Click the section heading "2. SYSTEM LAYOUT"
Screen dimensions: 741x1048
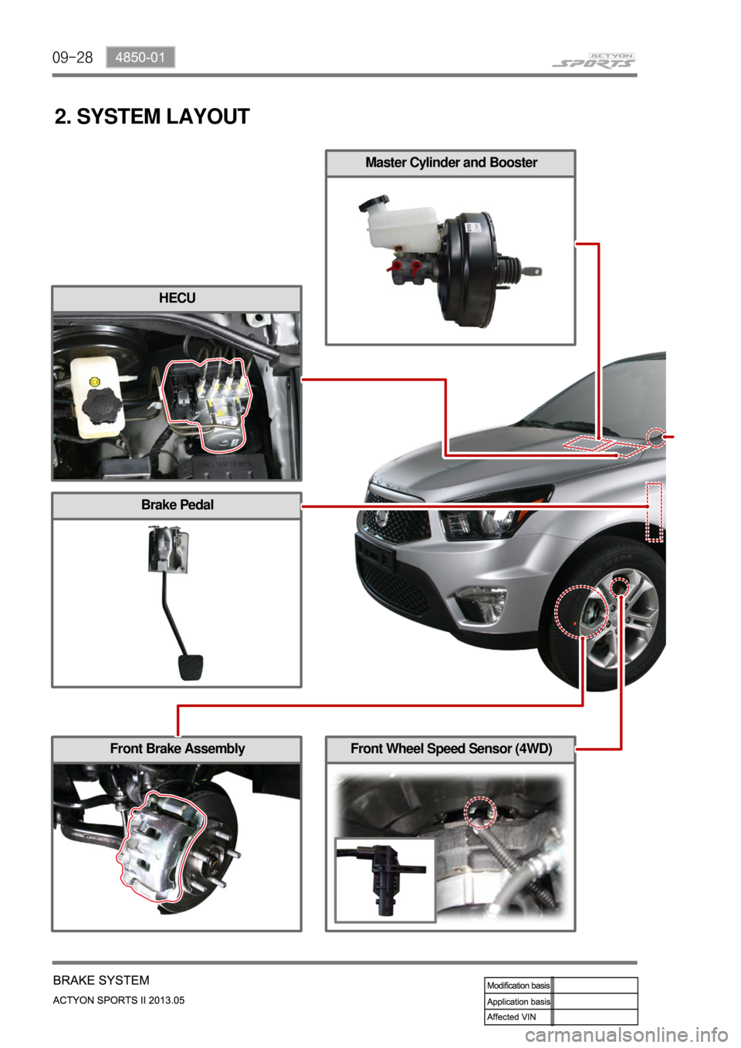[x=152, y=117]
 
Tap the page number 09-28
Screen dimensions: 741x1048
[x=73, y=58]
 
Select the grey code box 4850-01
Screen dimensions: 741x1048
[x=140, y=58]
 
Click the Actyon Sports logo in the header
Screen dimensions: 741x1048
[x=594, y=60]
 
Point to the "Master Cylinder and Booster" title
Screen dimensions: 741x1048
[x=451, y=162]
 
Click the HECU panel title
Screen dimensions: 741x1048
[x=177, y=298]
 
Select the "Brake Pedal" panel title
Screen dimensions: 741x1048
[x=178, y=505]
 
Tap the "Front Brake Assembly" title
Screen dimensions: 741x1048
[x=178, y=749]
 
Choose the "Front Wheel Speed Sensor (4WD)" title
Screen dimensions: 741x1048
[x=452, y=749]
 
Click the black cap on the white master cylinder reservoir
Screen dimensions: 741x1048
[x=374, y=203]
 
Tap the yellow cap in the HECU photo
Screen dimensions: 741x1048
[x=94, y=381]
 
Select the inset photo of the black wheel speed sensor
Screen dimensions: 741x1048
[x=385, y=880]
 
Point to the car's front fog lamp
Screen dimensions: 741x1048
[x=481, y=600]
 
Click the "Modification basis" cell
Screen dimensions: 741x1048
[x=519, y=985]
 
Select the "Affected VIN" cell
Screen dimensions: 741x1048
[x=519, y=1017]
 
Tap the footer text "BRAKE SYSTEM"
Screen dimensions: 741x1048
[x=102, y=980]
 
